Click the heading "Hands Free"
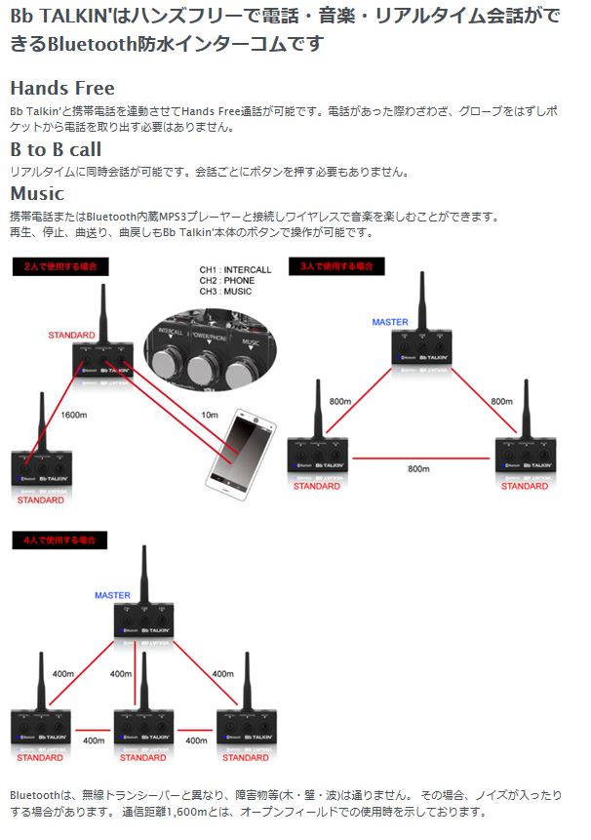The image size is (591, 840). point(61,89)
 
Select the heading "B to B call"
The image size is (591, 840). point(56,150)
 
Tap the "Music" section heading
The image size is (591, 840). point(37,193)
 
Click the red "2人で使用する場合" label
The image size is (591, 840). point(60,265)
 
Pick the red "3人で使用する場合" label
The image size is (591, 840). point(336,265)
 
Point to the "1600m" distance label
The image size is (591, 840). point(75,413)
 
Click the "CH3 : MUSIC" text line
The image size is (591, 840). point(226,292)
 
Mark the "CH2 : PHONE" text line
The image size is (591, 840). point(227,280)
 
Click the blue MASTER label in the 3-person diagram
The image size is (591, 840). point(390,322)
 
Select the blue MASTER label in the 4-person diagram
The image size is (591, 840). point(112,595)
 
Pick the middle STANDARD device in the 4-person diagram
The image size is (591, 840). point(143,727)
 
